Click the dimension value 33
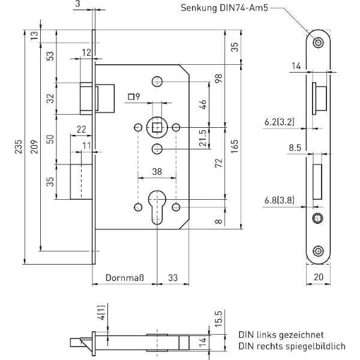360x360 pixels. (173, 278)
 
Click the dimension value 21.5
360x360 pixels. (204, 137)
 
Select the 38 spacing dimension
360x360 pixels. (157, 172)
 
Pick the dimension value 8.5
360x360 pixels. (294, 146)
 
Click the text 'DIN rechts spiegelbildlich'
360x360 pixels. (291, 346)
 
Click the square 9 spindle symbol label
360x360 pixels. (134, 97)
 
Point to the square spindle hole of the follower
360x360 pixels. (157, 127)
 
